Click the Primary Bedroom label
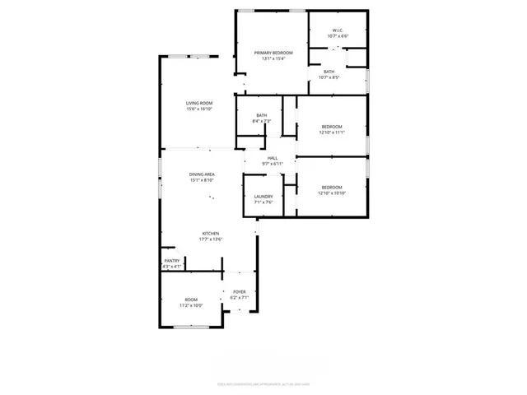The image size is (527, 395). point(272,53)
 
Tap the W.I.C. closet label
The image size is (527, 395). point(338,30)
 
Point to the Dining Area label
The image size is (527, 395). point(202,174)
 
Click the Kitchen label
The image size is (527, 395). point(211,234)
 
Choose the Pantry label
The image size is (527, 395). point(171,261)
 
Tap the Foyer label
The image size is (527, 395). point(240,292)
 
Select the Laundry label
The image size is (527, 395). point(263,197)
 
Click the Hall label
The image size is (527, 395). point(273,158)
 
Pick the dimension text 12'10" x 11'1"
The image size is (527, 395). point(332,132)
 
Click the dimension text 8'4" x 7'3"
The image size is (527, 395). point(262,121)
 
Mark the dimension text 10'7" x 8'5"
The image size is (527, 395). point(329,78)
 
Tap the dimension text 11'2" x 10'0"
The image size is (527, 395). point(191,305)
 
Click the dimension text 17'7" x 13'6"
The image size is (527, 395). point(211,239)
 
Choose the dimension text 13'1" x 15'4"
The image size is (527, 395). point(272,58)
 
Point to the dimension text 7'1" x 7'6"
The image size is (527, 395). point(263,202)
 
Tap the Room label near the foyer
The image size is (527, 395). point(191,300)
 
